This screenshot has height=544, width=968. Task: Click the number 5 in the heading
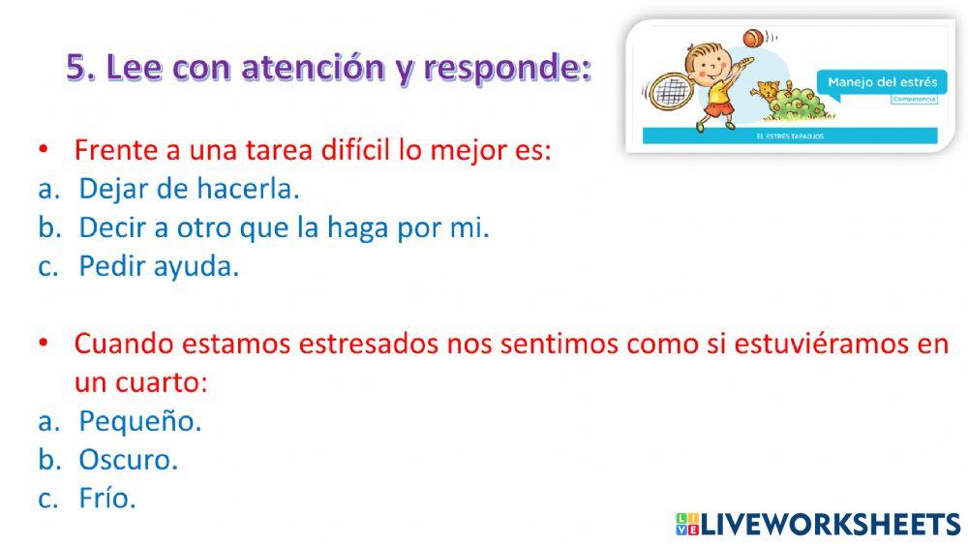[x=76, y=68]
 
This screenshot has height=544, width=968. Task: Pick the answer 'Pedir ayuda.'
[x=159, y=266]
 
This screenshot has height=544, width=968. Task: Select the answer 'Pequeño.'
[x=140, y=421]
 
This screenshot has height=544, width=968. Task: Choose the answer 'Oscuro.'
[x=129, y=460]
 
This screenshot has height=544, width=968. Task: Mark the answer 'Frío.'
[x=107, y=499]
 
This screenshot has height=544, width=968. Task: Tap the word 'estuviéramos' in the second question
[x=792, y=344]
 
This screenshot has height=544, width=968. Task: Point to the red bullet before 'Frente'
[x=43, y=151]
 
